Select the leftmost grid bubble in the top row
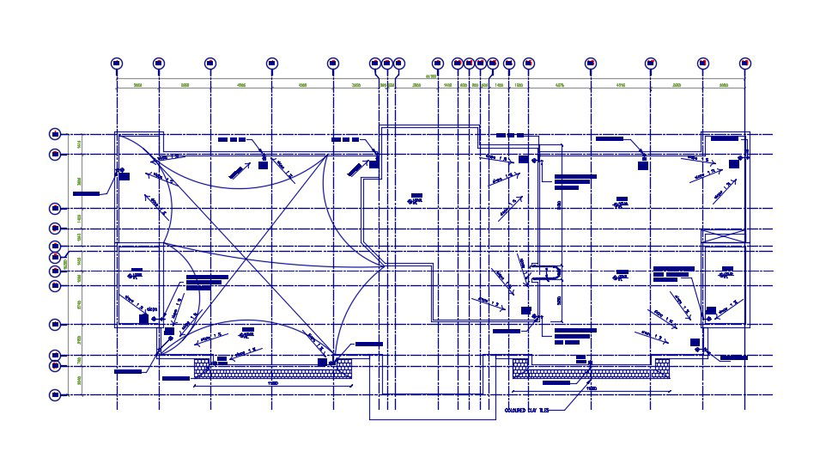[117, 63]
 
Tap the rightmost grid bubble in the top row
[744, 63]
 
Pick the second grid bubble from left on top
[158, 63]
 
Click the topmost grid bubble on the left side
[56, 134]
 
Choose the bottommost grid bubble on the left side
[56, 395]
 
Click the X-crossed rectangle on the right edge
[724, 235]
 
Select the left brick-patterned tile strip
[273, 369]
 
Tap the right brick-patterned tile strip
[591, 369]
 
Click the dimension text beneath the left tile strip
[273, 384]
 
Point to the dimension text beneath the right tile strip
[591, 388]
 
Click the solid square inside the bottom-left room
[143, 319]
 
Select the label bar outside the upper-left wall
[86, 194]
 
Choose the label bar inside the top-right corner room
[725, 137]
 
